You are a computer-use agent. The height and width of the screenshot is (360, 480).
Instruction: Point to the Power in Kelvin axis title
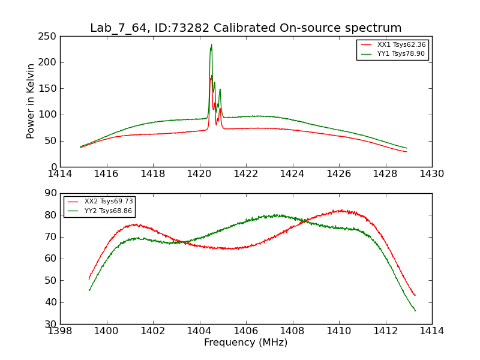click(x=31, y=101)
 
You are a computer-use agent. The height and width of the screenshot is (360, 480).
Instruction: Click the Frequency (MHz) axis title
click(x=245, y=343)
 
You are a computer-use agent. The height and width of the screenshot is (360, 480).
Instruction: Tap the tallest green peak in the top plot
click(x=211, y=45)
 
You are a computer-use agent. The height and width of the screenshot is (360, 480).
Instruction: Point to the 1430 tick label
click(x=432, y=173)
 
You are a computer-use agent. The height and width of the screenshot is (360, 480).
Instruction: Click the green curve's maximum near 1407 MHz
click(x=277, y=215)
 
